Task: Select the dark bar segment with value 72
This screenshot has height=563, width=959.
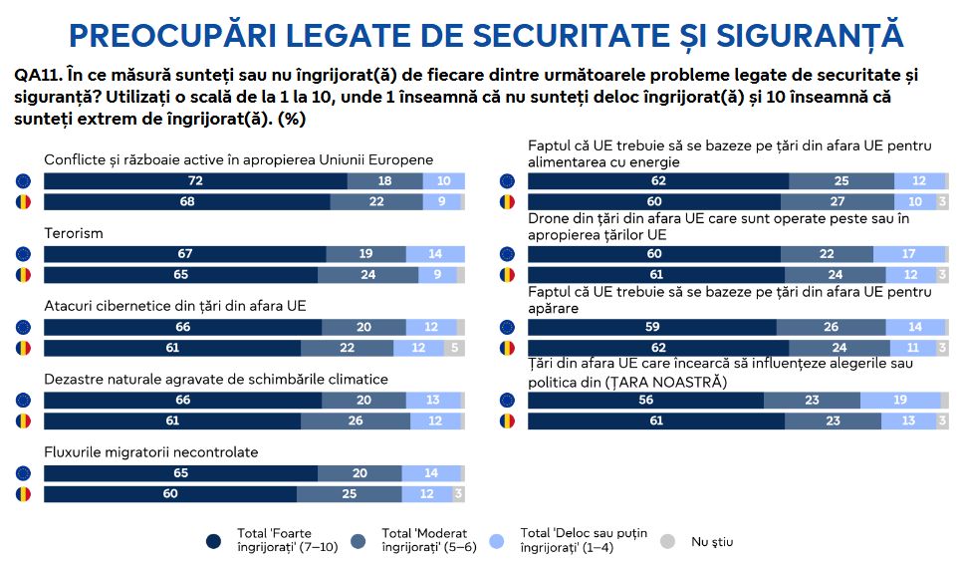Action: [195, 181]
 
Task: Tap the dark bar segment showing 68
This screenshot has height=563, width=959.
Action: [186, 202]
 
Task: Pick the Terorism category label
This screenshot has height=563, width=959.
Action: [74, 233]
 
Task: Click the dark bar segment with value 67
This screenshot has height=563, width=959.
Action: [184, 254]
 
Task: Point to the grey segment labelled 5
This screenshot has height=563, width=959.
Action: [454, 348]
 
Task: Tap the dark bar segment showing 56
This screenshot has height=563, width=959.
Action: [645, 400]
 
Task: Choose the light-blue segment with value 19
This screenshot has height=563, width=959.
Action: [899, 400]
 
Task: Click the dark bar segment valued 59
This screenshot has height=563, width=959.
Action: [651, 327]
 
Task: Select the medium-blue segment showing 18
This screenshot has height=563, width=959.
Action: [384, 181]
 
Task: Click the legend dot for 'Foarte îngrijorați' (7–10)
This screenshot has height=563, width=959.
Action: [214, 541]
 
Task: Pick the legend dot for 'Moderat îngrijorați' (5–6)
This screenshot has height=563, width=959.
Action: [358, 541]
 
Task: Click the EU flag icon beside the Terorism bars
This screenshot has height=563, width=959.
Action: [23, 254]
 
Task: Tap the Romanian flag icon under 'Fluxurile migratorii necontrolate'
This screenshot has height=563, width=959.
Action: [23, 493]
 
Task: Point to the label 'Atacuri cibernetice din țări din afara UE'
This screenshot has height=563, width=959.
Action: [174, 306]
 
